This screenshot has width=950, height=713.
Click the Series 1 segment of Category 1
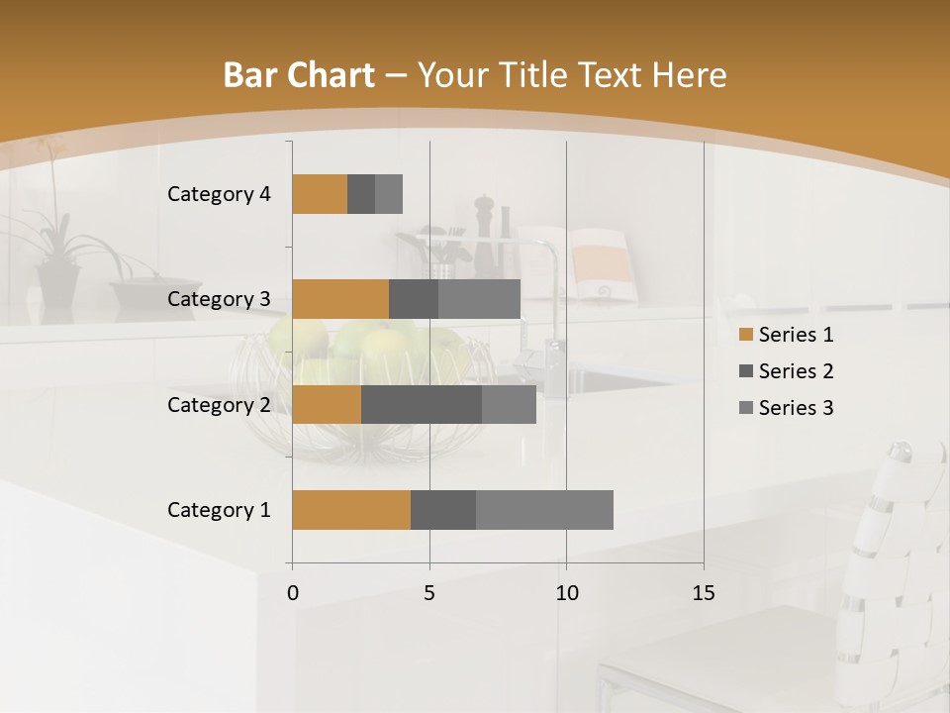click(351, 510)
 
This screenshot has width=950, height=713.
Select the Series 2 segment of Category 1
click(443, 510)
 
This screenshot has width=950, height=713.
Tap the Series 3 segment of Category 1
click(544, 510)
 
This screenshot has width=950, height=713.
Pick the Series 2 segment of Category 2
click(422, 404)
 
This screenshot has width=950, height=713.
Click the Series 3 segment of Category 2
click(509, 404)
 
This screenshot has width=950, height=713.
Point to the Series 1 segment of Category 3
click(340, 299)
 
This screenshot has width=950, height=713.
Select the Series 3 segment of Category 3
click(479, 299)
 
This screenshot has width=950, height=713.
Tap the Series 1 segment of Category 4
click(320, 194)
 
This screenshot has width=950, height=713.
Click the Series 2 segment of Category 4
click(361, 194)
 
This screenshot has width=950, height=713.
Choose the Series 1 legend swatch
click(745, 335)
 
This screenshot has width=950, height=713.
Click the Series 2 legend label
click(796, 371)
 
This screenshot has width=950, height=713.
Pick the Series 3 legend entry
click(786, 408)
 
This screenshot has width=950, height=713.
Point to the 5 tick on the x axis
click(429, 593)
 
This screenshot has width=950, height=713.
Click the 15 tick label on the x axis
click(704, 593)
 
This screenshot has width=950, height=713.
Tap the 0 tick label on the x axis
click(293, 593)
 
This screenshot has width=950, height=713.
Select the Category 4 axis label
click(219, 194)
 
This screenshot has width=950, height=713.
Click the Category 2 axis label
click(219, 405)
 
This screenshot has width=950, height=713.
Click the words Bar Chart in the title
click(299, 74)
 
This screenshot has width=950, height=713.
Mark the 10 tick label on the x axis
click(566, 593)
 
